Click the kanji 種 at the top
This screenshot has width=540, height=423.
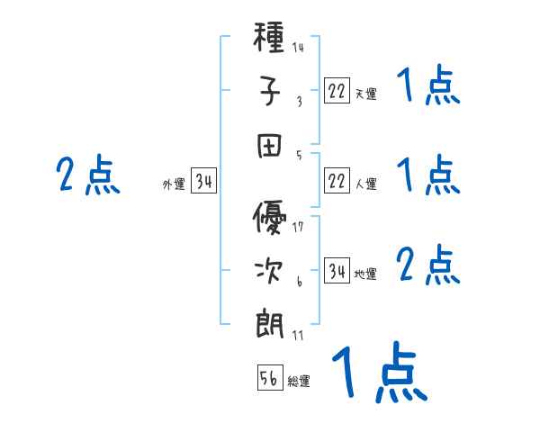tap(270, 40)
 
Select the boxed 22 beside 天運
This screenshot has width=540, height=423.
tap(337, 90)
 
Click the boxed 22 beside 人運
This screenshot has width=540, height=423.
tap(337, 182)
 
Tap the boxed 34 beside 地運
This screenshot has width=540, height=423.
tap(337, 272)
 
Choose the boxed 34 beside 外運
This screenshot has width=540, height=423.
tap(203, 183)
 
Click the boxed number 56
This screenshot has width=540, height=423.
tap(270, 379)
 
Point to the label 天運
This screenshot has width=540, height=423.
tap(365, 94)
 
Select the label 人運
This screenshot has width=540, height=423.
tap(365, 184)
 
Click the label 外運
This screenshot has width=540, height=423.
tap(173, 185)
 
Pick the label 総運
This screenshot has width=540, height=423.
tap(299, 382)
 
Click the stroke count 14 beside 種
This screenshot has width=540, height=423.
tap(298, 48)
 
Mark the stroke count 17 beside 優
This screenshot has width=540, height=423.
tap(298, 227)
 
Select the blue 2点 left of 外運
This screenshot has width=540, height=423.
tap(87, 175)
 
